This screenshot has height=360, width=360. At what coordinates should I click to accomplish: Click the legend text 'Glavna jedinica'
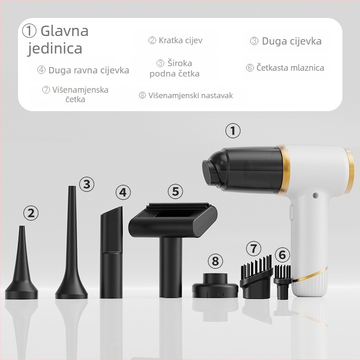[56, 39]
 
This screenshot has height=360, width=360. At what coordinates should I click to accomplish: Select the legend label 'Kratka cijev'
[175, 40]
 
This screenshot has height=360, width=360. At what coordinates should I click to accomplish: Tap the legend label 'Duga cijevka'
[286, 41]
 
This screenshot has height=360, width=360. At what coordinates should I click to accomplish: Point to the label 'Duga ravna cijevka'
[83, 70]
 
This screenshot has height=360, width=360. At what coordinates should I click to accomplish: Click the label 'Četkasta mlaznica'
[285, 68]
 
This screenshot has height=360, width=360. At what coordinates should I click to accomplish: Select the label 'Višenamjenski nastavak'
[186, 95]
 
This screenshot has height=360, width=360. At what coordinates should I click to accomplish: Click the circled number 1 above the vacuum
[233, 131]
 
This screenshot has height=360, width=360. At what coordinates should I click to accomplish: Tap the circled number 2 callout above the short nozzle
[31, 213]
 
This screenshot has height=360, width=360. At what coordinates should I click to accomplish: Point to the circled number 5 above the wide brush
[175, 191]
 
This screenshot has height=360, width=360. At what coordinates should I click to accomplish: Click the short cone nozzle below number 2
[22, 274]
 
